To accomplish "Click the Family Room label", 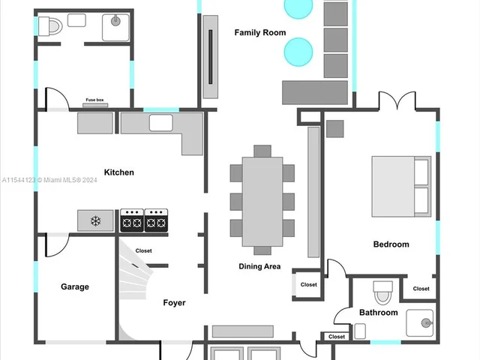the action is (x=260, y=32).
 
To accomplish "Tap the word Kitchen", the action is (x=119, y=172).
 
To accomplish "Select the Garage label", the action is (x=75, y=286).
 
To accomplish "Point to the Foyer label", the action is (x=174, y=303).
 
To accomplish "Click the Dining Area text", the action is (x=259, y=266).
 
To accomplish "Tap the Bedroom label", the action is (x=391, y=244).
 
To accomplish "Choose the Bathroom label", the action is (x=379, y=313).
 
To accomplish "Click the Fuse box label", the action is (x=94, y=100).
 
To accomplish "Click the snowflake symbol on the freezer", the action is (x=95, y=220).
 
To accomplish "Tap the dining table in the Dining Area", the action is (x=262, y=202).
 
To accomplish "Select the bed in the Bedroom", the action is (x=401, y=187).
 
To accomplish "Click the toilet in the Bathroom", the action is (x=383, y=292).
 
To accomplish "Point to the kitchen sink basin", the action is (x=161, y=123).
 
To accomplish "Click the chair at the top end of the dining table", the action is (x=262, y=151).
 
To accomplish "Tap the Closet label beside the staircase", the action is (x=143, y=250).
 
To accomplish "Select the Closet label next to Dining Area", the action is (x=308, y=285).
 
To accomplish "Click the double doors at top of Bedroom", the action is (x=397, y=100).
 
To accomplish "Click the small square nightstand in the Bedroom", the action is (x=335, y=129).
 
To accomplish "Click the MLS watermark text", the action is (x=49, y=180).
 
